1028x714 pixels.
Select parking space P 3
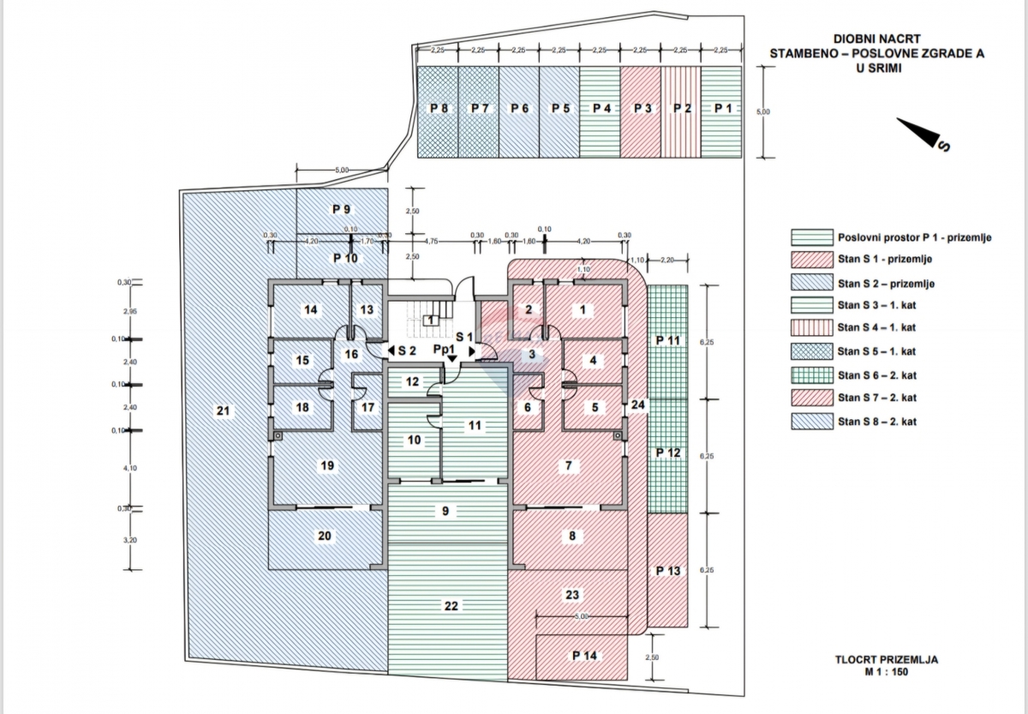click(x=642, y=110)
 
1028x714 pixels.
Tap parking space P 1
click(x=722, y=110)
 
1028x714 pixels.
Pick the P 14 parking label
click(x=585, y=656)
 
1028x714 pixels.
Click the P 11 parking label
click(x=667, y=340)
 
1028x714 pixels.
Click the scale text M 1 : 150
click(x=887, y=672)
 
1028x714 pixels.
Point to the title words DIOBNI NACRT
click(x=876, y=39)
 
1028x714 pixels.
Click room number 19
click(x=326, y=466)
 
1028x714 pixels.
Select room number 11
click(x=475, y=424)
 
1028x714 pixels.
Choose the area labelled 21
click(x=224, y=411)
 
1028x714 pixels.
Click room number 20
click(x=325, y=537)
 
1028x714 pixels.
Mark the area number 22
click(x=451, y=606)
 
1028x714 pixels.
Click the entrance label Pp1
click(x=443, y=349)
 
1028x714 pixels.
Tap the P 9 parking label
click(x=340, y=209)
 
